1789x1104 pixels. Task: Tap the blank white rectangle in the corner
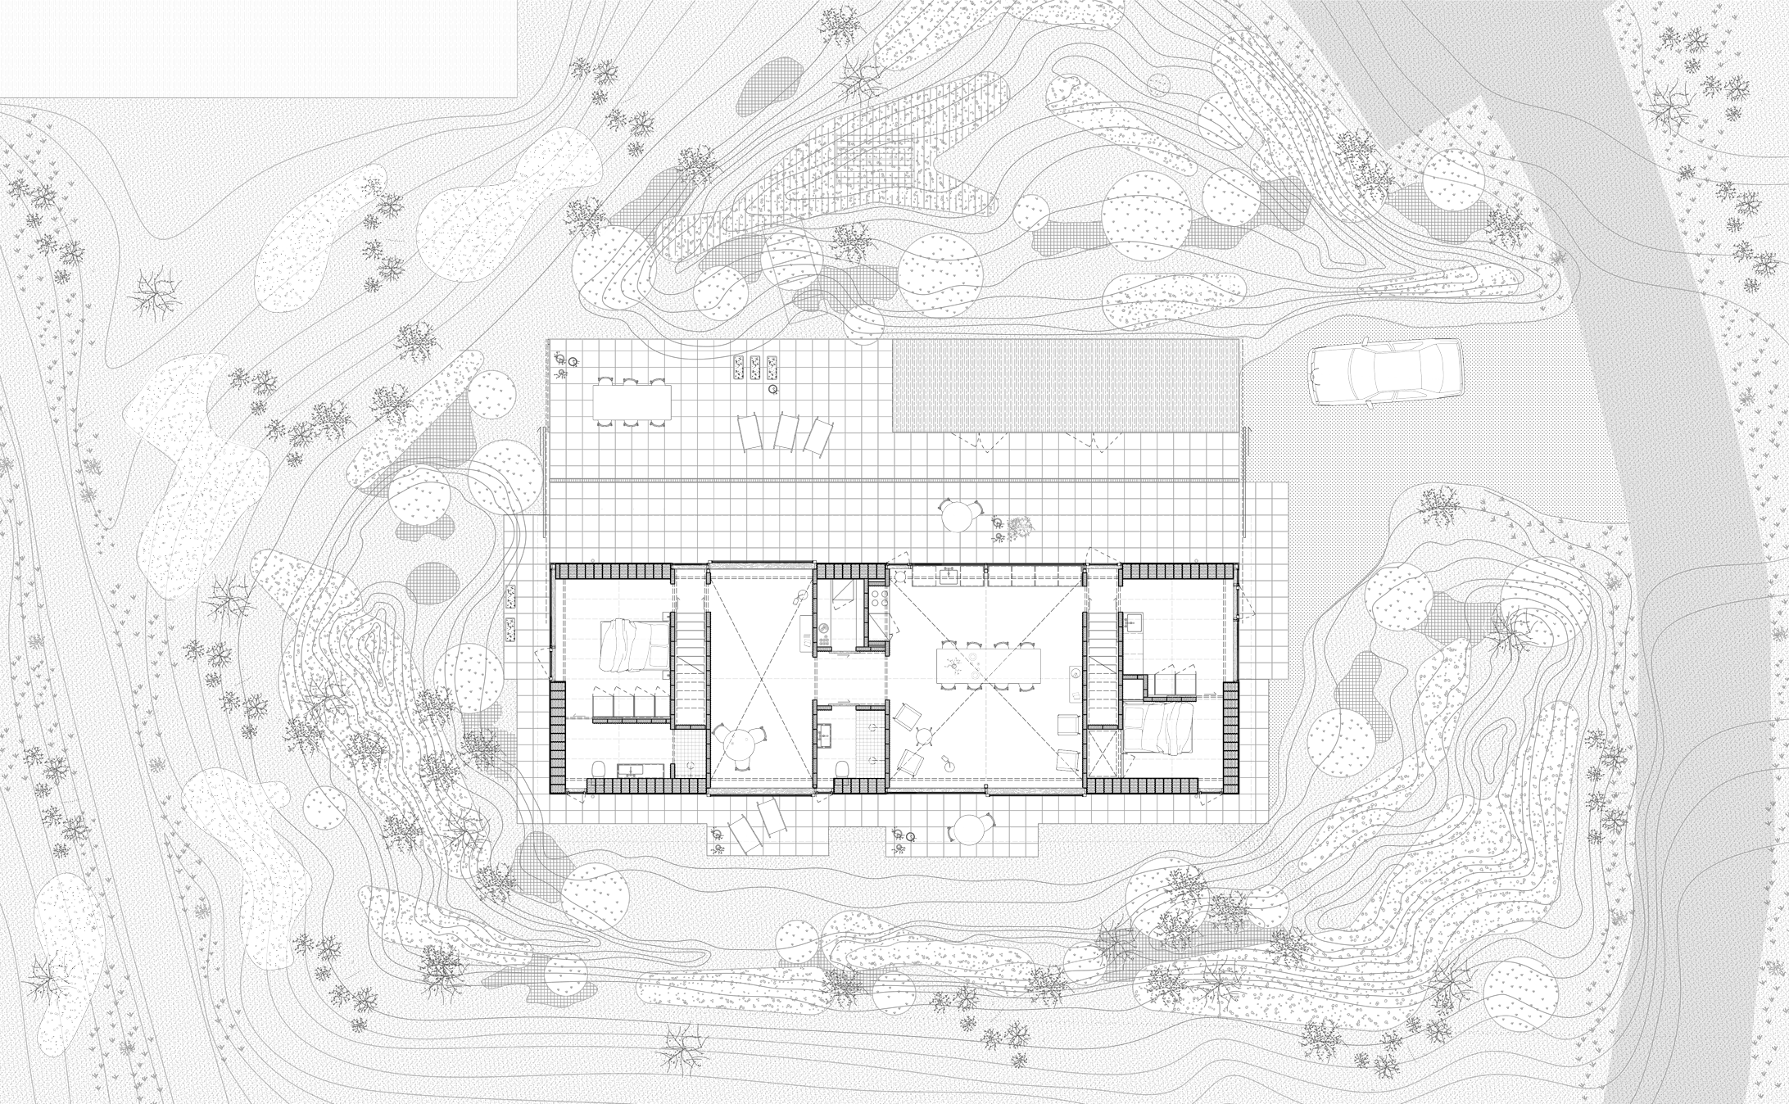tap(258, 48)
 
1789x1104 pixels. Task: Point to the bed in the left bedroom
tap(635, 646)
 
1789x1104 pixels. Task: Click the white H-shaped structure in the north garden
tap(874, 158)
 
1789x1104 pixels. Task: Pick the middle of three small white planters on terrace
tap(754, 368)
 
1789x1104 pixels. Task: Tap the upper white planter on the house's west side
tap(510, 596)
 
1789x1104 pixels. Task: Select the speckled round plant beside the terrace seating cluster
tap(1021, 528)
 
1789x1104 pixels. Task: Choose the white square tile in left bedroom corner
tap(688, 753)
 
